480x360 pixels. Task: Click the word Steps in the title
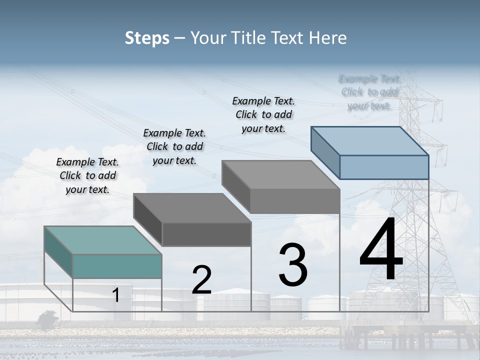pos(147,38)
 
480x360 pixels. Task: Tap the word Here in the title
pos(328,38)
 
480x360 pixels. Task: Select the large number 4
pos(381,250)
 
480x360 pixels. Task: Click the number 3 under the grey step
pos(293,264)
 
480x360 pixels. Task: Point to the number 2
pos(202,280)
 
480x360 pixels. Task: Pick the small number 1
pos(116,295)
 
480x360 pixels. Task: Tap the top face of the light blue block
pos(370,140)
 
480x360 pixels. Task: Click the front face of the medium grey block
pos(295,201)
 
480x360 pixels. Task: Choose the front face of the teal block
pos(117,266)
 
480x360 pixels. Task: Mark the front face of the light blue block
pos(384,167)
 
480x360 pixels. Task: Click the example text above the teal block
pos(87,175)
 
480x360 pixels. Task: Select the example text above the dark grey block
pos(174,146)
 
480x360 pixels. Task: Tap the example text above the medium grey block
pos(263,114)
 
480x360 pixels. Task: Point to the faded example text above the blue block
pos(369,92)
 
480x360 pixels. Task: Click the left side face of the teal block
pos(58,252)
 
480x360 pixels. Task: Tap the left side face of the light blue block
pos(325,152)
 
